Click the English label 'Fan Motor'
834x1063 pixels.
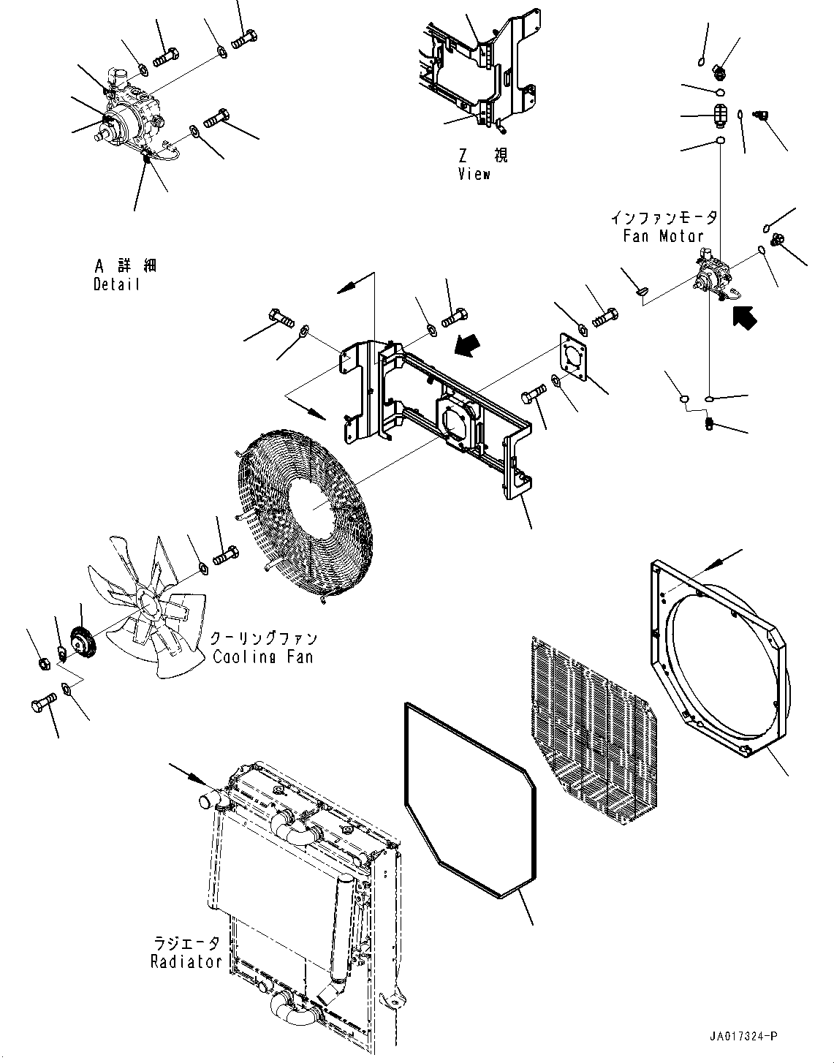[x=664, y=236]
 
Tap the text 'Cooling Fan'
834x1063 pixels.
[x=263, y=656]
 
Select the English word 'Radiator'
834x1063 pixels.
[x=186, y=961]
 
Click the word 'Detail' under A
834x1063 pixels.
[x=116, y=284]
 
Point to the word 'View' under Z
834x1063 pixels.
[x=474, y=174]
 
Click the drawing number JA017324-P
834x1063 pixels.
[x=743, y=1036]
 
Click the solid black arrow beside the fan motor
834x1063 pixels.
[x=745, y=317]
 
